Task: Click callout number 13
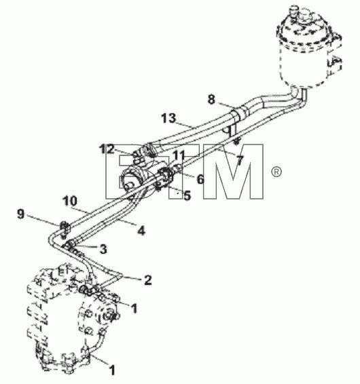[x=168, y=118]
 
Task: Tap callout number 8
[x=211, y=100]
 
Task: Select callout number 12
[x=107, y=149]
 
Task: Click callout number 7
[x=240, y=160]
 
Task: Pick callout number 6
[x=200, y=179]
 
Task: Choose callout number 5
[x=187, y=195]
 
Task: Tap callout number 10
[x=70, y=201]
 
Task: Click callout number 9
[x=21, y=214]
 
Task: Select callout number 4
[x=141, y=231]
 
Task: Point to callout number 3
[x=103, y=249]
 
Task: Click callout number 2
[x=147, y=280]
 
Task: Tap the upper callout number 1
[x=134, y=308]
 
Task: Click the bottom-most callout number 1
[x=112, y=370]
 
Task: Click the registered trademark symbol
[x=276, y=172]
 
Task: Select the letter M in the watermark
[x=233, y=172]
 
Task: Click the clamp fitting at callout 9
[x=65, y=228]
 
